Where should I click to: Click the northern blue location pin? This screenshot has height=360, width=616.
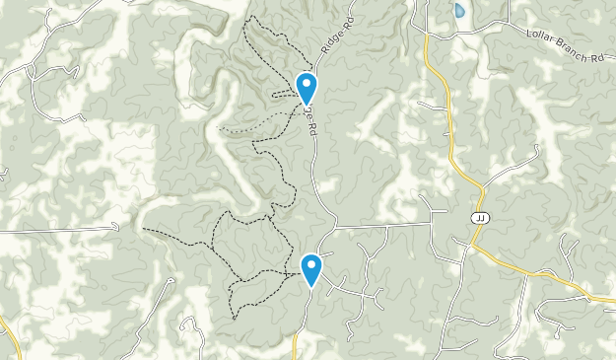(307, 87)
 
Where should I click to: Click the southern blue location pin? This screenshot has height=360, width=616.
(311, 267)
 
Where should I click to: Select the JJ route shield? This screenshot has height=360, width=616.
(480, 218)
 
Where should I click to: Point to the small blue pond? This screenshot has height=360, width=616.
(458, 12)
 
